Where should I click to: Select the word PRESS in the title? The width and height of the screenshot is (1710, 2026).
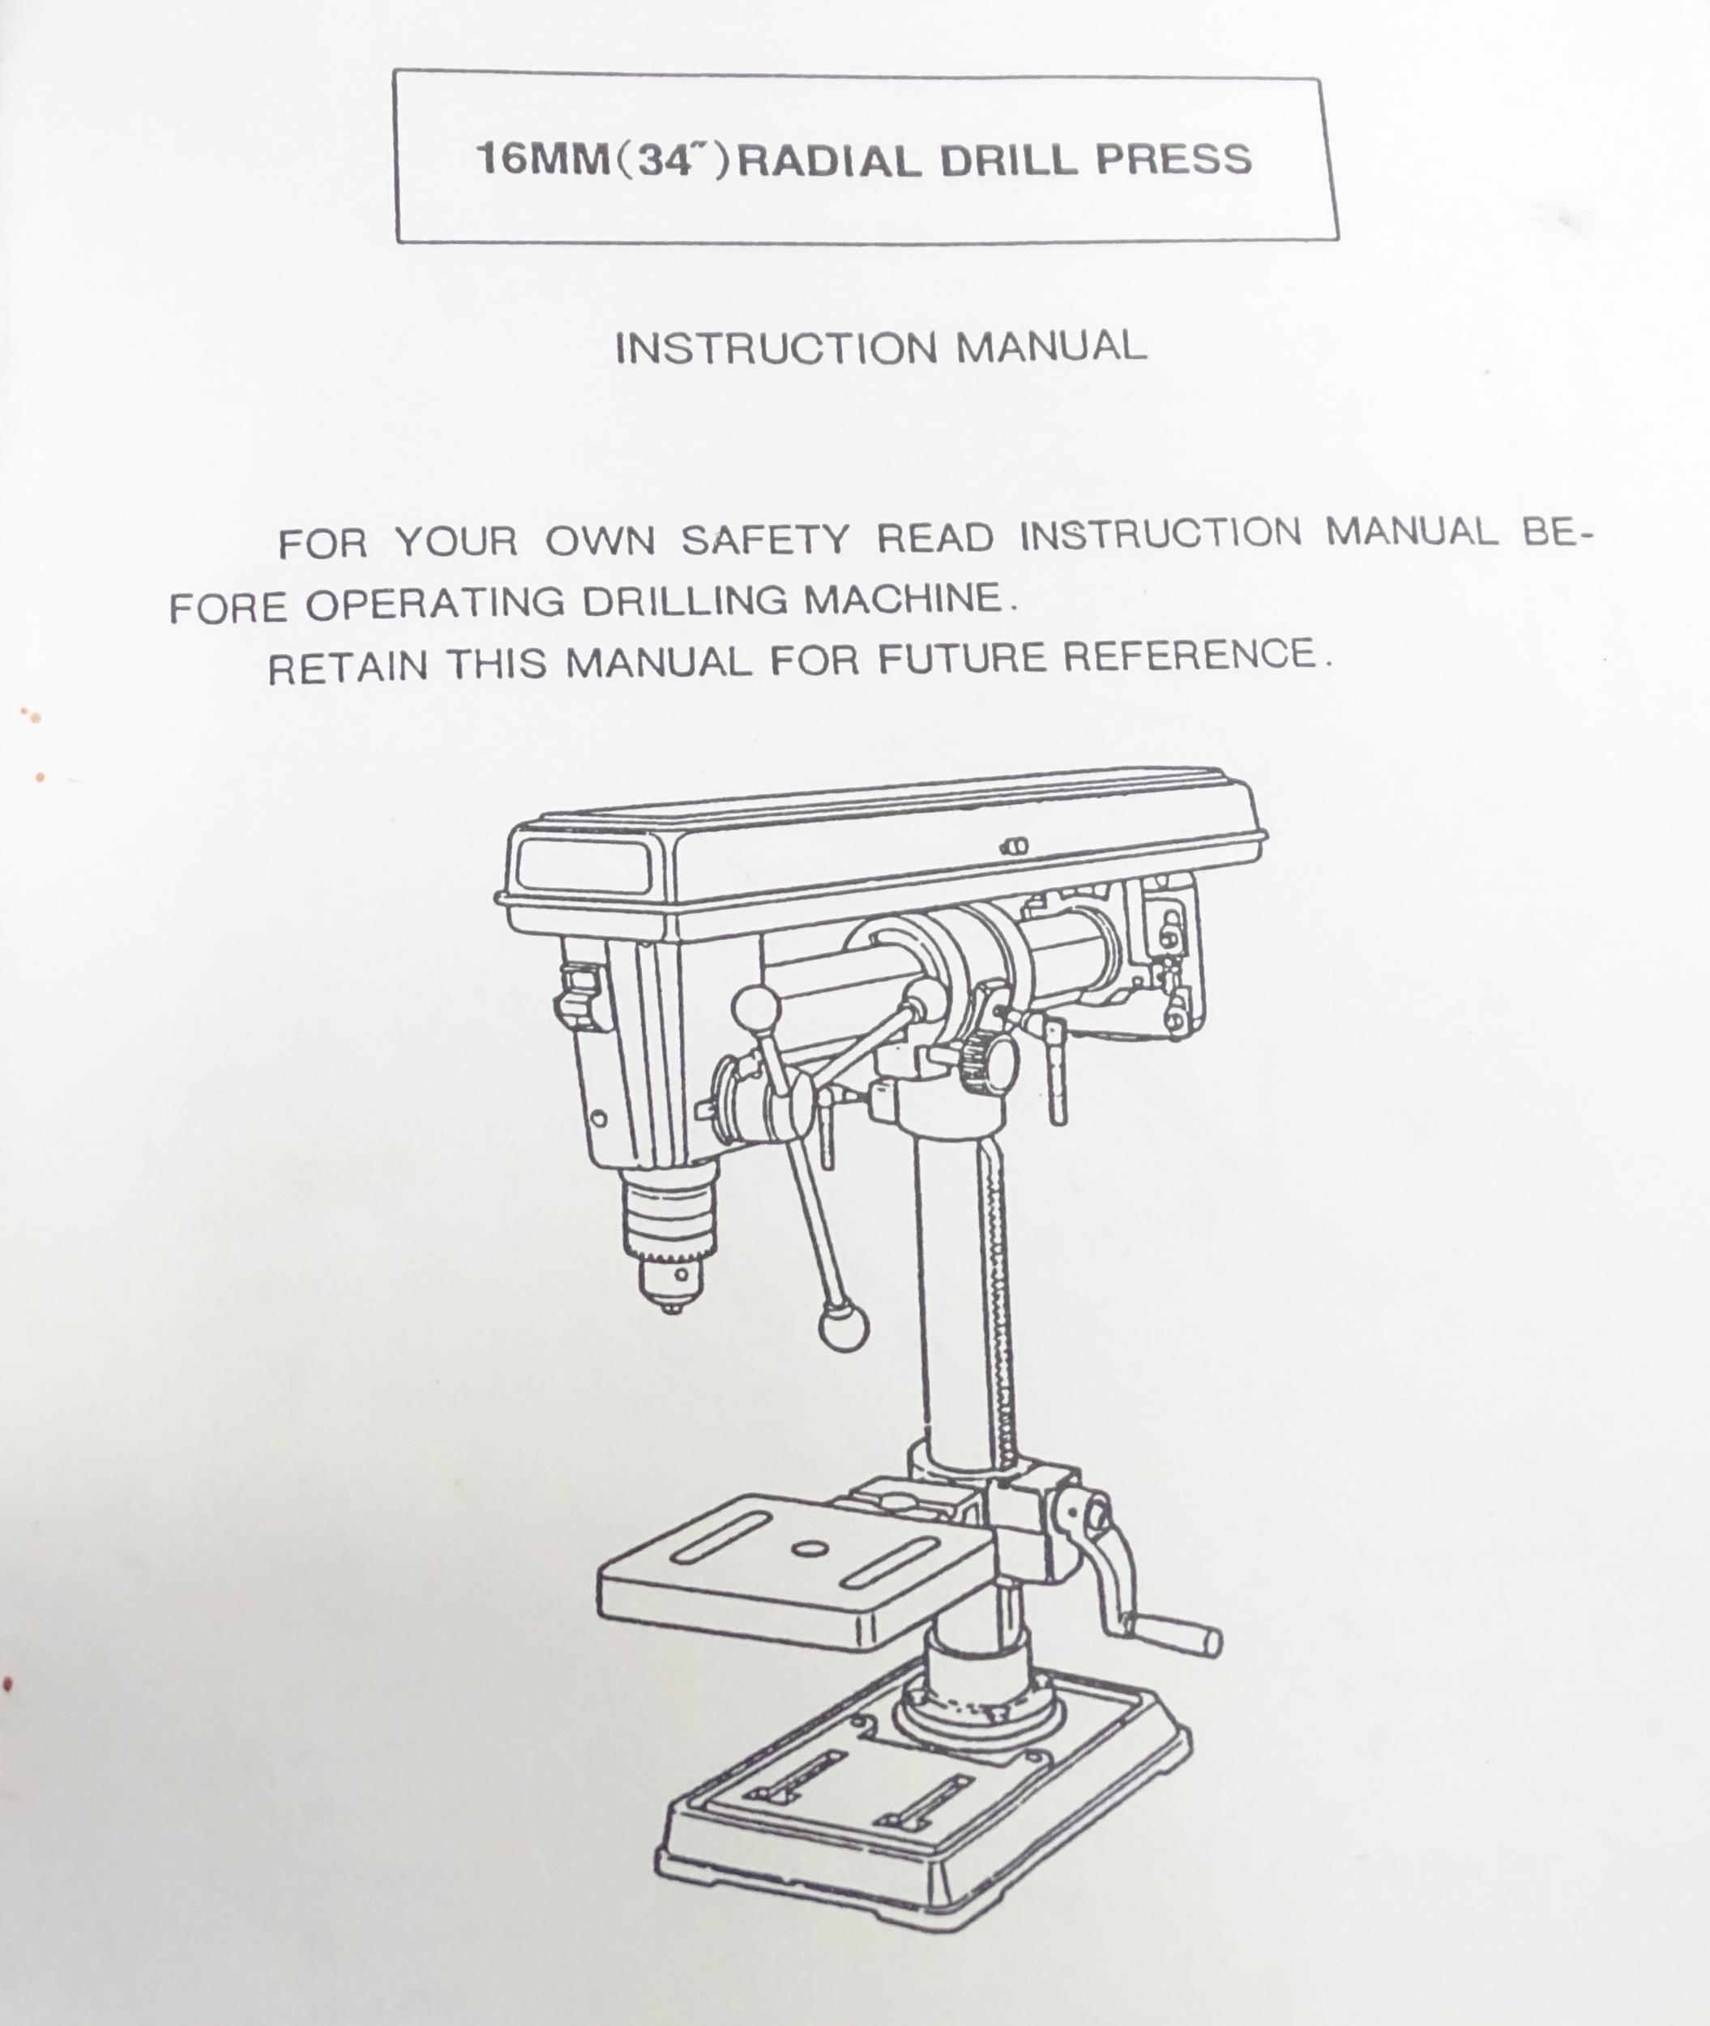pos(1174,159)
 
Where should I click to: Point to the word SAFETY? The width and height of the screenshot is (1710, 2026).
pos(766,540)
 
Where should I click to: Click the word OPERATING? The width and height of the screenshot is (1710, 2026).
pos(435,604)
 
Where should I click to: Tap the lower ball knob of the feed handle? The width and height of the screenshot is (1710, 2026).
pos(844,1328)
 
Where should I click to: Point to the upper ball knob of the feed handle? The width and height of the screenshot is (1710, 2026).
pos(756,1010)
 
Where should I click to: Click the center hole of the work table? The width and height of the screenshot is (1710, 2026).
pos(804,1548)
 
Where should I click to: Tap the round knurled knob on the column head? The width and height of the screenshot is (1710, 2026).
pos(989,1062)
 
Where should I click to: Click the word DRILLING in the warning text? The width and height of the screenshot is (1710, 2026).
pos(684,602)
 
